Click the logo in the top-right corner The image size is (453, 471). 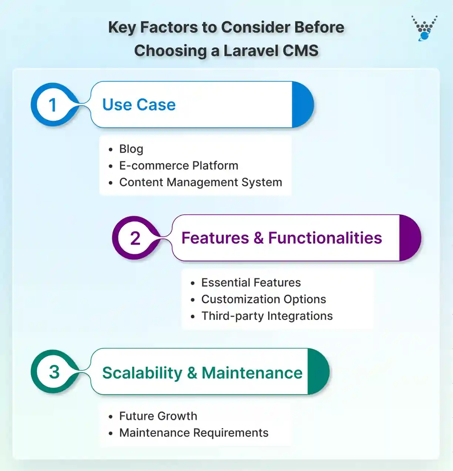tap(425, 28)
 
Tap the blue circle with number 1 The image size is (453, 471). tap(53, 105)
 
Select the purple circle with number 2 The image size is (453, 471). tap(135, 238)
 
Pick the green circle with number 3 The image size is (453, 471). tap(54, 372)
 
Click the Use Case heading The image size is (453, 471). tap(139, 105)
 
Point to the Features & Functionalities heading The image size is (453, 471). tap(281, 238)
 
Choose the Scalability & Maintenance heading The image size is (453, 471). tap(202, 373)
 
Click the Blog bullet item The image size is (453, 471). tap(131, 149)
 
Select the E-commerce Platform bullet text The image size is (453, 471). tap(178, 166)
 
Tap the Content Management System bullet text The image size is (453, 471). tap(200, 182)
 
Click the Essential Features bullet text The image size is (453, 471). tap(251, 283)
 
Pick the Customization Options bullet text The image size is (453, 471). tap(264, 299)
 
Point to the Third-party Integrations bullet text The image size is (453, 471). tap(267, 316)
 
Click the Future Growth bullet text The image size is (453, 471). tap(158, 416)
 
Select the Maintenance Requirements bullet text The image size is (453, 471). tap(194, 432)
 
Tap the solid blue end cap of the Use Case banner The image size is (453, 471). tap(302, 105)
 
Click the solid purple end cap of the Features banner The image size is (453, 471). tap(409, 238)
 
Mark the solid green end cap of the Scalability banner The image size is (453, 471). tap(317, 372)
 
